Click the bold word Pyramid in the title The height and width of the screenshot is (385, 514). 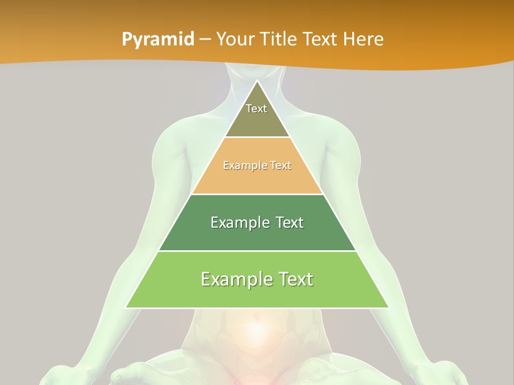tap(158, 39)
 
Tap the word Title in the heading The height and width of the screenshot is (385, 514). tap(281, 39)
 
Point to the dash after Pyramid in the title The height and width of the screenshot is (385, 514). tap(205, 40)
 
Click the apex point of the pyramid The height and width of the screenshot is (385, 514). tap(257, 82)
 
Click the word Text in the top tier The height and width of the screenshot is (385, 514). tap(256, 109)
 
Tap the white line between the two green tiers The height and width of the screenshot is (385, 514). tap(257, 251)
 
